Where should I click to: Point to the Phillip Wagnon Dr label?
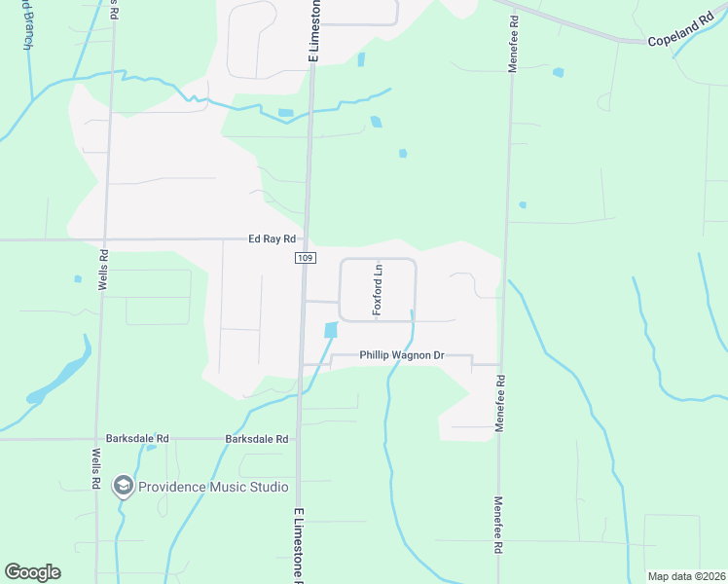(x=401, y=356)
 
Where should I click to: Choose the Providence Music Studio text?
(x=213, y=487)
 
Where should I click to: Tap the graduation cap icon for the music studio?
(x=123, y=485)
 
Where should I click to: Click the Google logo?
(x=32, y=572)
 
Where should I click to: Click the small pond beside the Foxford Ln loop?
(x=331, y=330)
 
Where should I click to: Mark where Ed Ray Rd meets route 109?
(x=306, y=239)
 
